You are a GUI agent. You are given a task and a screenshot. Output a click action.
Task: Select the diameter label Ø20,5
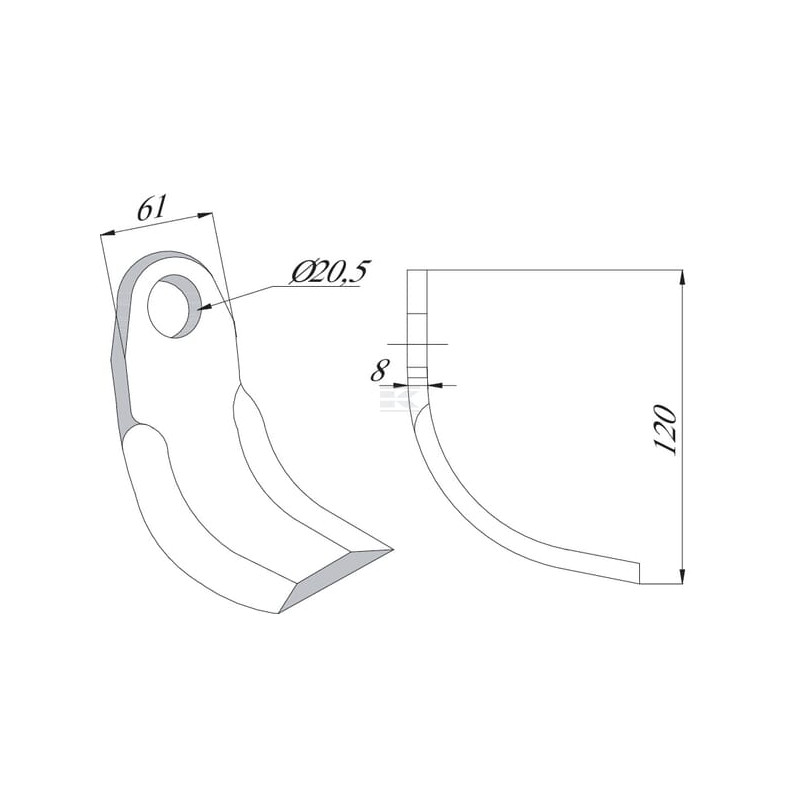(x=329, y=273)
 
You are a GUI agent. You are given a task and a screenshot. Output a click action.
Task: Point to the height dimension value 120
(x=666, y=430)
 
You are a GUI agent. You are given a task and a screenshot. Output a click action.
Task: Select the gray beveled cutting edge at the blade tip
(x=337, y=581)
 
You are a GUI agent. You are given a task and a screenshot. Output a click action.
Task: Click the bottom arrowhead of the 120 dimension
(x=682, y=575)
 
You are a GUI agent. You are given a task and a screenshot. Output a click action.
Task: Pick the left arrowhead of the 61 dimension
(x=108, y=234)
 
